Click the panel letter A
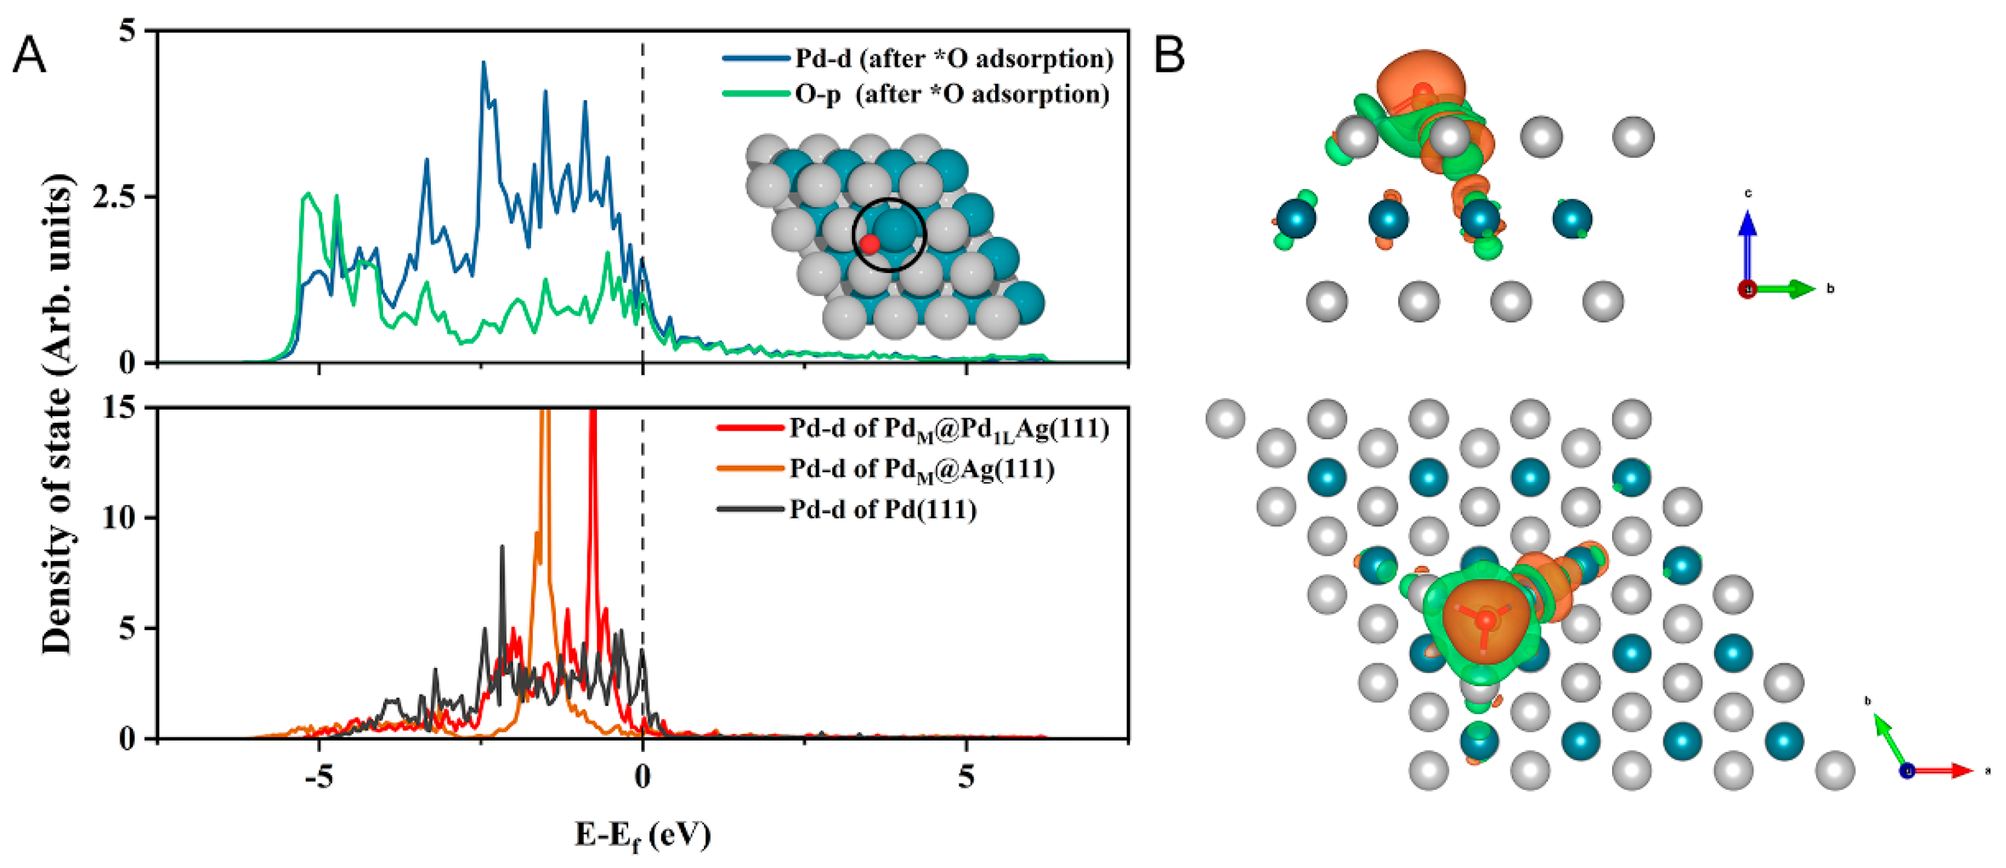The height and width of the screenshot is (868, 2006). click(x=29, y=56)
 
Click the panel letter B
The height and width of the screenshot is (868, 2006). click(x=1169, y=56)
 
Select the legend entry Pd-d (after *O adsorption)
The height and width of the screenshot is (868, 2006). click(x=953, y=59)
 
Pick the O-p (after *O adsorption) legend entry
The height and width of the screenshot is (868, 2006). click(x=952, y=94)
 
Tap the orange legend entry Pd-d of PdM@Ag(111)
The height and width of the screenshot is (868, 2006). click(x=922, y=469)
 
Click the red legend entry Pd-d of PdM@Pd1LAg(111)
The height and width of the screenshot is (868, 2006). click(x=949, y=429)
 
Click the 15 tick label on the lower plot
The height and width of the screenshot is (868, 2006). click(x=119, y=407)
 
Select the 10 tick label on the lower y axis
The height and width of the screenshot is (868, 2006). click(x=119, y=518)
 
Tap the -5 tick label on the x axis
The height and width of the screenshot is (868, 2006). click(x=318, y=776)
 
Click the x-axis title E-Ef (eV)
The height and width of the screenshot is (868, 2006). click(x=642, y=835)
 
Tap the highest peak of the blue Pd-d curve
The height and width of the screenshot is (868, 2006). click(x=483, y=64)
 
